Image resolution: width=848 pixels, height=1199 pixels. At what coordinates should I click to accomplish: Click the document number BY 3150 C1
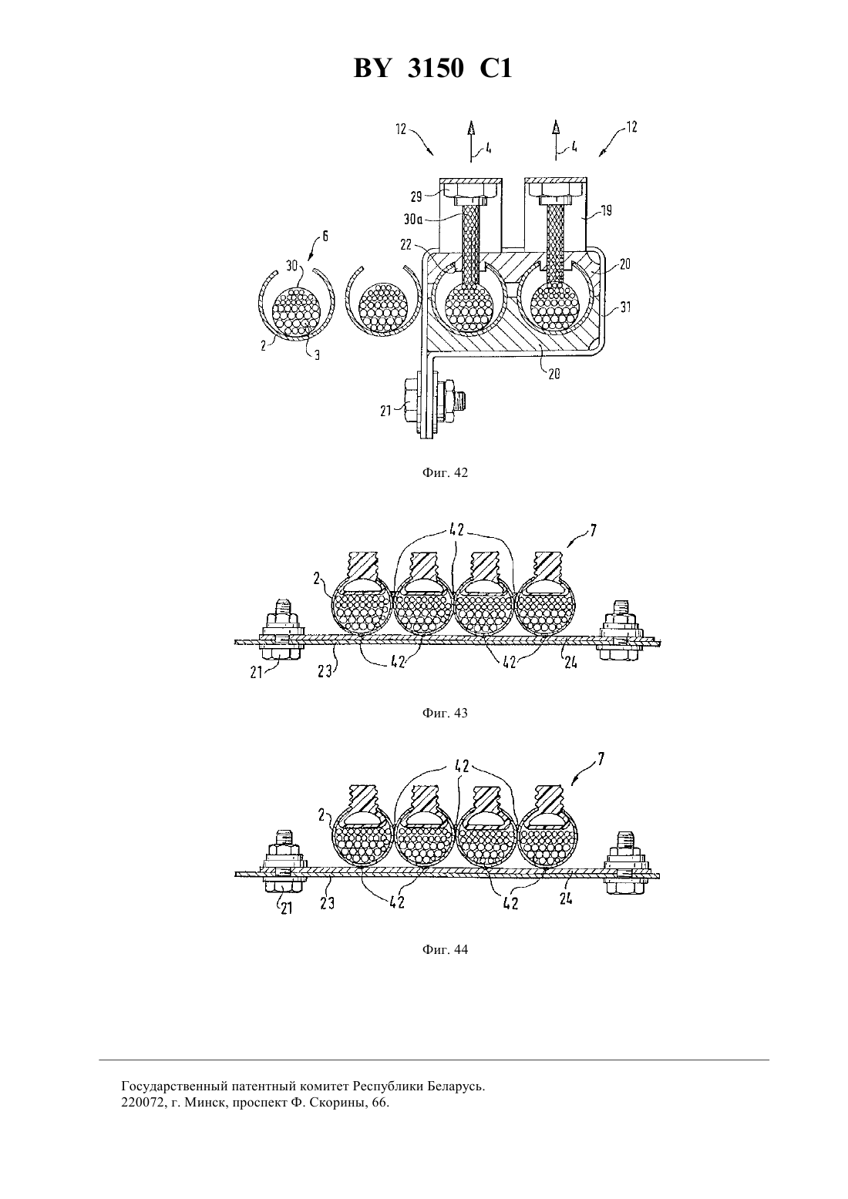(432, 69)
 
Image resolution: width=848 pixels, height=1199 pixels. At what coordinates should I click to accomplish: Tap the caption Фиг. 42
(445, 472)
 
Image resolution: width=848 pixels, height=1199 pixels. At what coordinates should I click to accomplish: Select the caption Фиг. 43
(445, 713)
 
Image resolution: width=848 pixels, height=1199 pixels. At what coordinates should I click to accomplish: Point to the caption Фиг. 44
(445, 949)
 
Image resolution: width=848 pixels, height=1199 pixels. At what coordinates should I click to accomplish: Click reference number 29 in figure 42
(417, 196)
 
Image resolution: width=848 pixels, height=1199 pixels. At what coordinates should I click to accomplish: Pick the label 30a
(412, 219)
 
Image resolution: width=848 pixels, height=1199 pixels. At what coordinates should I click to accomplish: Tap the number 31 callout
(625, 307)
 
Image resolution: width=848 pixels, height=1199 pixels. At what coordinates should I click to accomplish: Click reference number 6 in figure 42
(325, 236)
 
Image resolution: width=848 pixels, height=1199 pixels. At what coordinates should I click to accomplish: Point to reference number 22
(406, 244)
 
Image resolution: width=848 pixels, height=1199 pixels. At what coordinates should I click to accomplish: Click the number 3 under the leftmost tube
(317, 355)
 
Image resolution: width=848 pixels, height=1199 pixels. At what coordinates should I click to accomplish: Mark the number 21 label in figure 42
(386, 411)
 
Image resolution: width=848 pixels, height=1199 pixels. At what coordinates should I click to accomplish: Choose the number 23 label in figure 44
(327, 903)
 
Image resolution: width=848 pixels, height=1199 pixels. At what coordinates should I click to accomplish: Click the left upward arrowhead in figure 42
(471, 127)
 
